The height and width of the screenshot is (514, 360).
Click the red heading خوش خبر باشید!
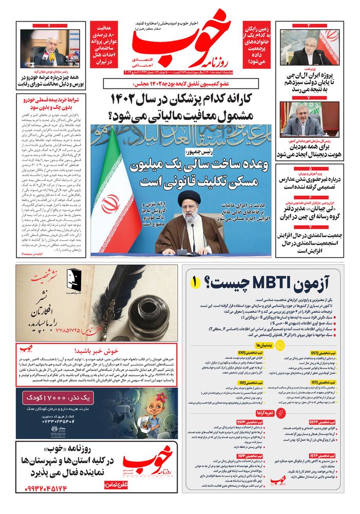pyautogui.click(x=97, y=348)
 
